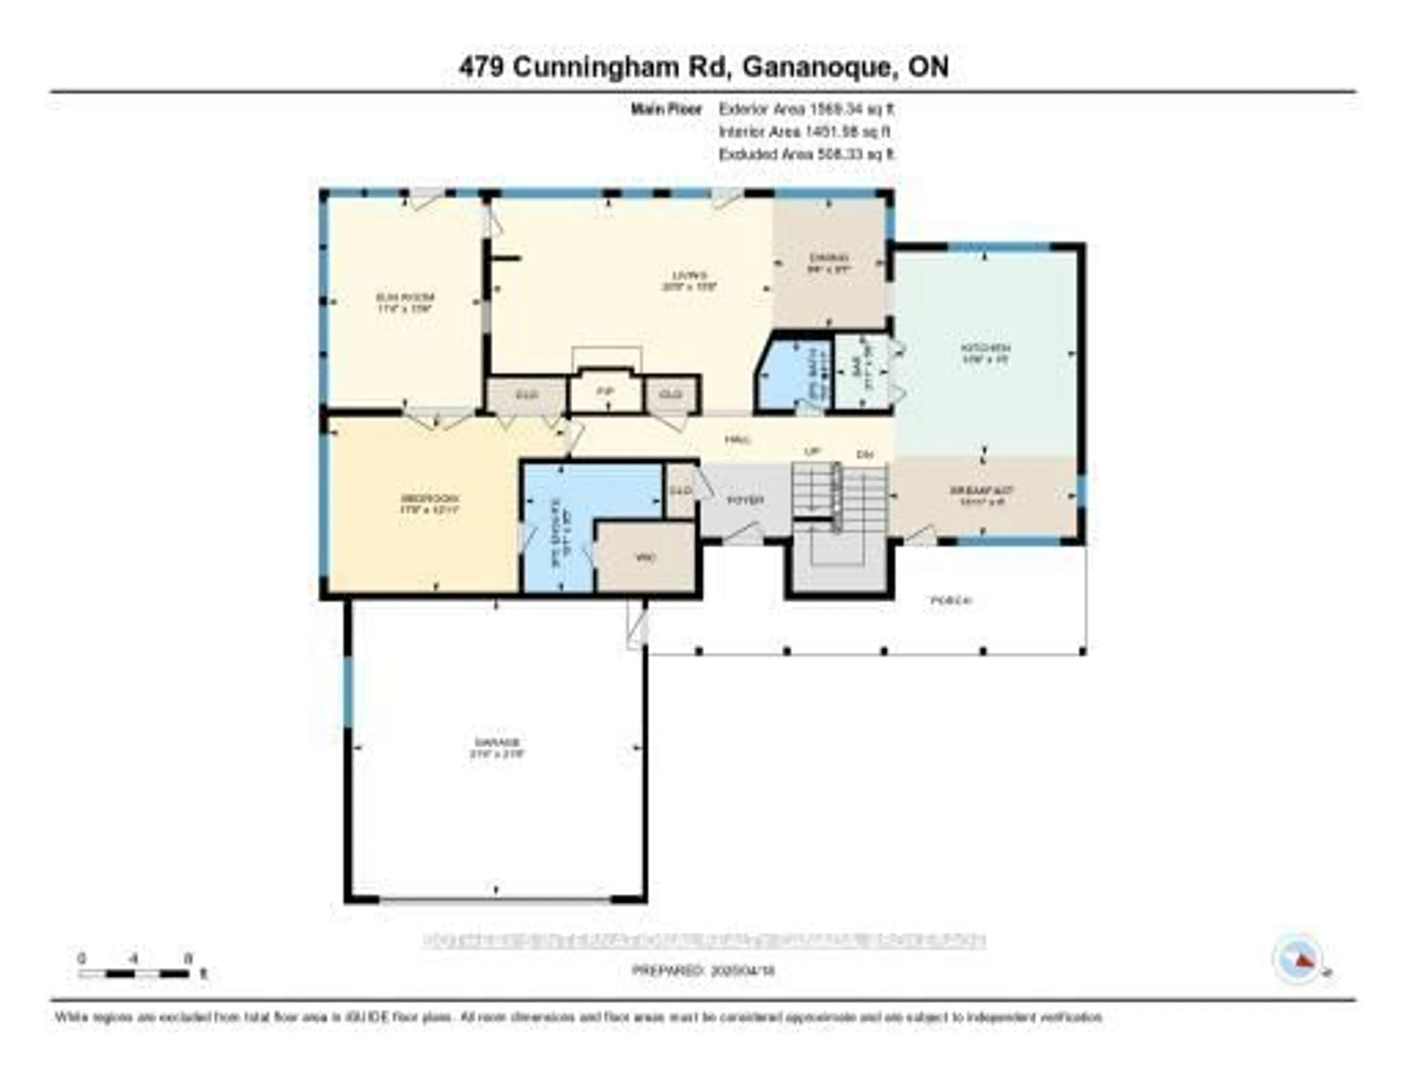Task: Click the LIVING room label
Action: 689,276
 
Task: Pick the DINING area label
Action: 829,258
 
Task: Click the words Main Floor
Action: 666,109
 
